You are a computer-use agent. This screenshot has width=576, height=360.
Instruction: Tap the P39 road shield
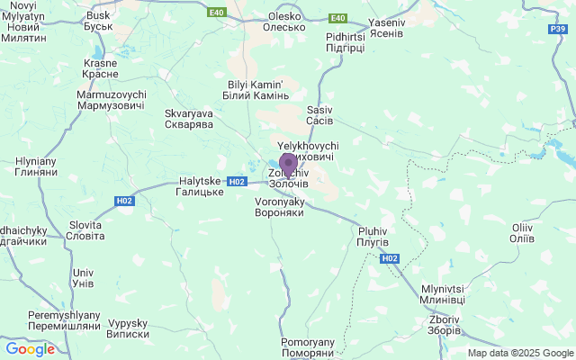coord(558,30)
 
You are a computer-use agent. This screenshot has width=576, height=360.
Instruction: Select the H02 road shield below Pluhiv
coord(389,258)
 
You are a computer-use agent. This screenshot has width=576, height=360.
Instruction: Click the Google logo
coord(30,349)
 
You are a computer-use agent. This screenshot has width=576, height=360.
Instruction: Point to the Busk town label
coord(98,22)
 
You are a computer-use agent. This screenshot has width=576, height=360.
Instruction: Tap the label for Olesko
coord(284,22)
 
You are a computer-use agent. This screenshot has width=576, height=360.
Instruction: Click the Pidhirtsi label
coord(345,41)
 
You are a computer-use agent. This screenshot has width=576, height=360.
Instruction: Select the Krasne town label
coord(100,68)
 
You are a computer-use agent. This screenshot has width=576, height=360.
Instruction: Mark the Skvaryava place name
coord(187,120)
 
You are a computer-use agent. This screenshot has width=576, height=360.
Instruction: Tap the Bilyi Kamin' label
coord(256,90)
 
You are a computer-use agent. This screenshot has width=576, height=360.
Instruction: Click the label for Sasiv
coord(319,114)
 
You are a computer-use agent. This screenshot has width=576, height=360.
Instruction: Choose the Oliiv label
coord(522,233)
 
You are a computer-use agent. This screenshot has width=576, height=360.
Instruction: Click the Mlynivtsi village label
coord(443,293)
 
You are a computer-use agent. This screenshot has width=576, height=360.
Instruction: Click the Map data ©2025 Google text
coord(519,353)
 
